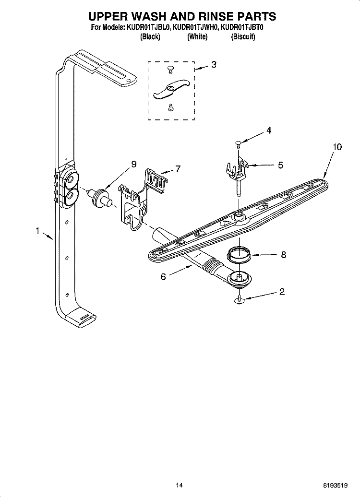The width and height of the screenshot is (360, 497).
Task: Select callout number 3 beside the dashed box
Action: pos(214,64)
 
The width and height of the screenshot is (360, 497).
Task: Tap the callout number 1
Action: pos(37,231)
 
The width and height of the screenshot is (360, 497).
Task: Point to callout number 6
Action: pos(163,277)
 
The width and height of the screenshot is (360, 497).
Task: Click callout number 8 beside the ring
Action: pos(283,255)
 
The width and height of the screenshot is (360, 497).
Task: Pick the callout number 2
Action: pos(282,292)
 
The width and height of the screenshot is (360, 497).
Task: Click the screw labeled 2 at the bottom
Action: pos(238,300)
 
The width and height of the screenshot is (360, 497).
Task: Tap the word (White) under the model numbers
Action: pos(197,37)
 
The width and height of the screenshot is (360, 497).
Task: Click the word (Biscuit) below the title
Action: pos(243,37)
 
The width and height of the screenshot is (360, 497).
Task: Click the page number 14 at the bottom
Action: pos(179,485)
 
